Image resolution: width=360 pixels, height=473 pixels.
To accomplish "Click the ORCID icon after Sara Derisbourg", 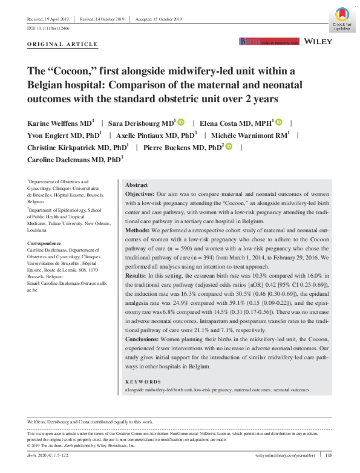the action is pos(182,122).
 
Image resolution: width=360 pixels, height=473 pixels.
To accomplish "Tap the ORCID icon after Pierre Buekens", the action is pos(229,146).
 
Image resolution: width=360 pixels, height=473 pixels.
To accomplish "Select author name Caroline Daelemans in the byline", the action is pos(66,160).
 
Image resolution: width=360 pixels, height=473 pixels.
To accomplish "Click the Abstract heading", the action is pos(137,185).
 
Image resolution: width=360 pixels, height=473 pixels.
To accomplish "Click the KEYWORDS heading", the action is pos(143,382).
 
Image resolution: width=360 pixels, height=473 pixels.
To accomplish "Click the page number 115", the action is pos(329,455).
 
